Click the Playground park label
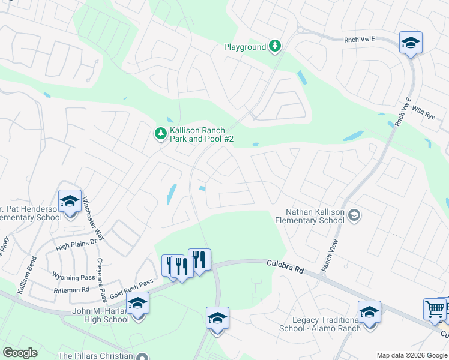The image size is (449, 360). click(x=245, y=47)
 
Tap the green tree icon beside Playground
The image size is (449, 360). click(x=275, y=46)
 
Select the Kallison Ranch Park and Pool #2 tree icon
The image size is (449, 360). click(x=160, y=133)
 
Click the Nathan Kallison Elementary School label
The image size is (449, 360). click(x=315, y=216)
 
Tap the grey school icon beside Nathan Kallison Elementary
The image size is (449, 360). click(x=354, y=215)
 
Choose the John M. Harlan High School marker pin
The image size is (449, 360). click(x=137, y=304)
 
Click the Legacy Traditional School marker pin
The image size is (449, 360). click(x=369, y=313)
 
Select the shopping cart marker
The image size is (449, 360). click(x=435, y=310)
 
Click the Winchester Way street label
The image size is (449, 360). click(x=94, y=218)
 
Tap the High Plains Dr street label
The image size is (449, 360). click(x=76, y=244)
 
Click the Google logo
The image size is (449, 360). click(x=20, y=353)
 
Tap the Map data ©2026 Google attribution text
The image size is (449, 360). click(x=411, y=355)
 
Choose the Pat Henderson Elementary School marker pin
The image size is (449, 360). click(x=70, y=202)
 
